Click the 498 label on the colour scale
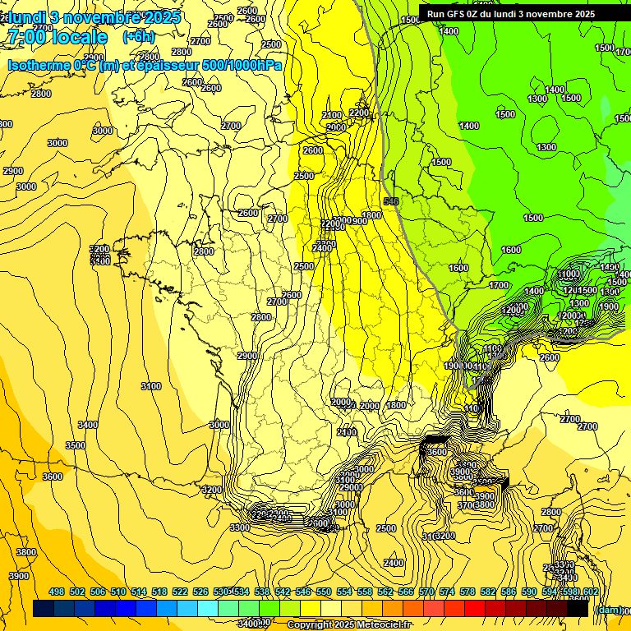(x=57, y=592)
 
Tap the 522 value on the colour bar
(x=180, y=592)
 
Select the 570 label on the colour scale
(x=426, y=592)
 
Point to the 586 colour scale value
(x=509, y=592)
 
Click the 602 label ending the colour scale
(x=590, y=592)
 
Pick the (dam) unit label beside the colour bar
(x=609, y=610)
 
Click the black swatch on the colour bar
(x=578, y=608)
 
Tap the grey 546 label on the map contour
(x=391, y=201)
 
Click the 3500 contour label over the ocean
(x=76, y=445)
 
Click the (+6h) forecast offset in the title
(x=138, y=37)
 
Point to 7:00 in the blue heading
(x=25, y=37)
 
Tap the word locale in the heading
(x=78, y=37)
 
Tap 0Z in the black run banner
(x=473, y=14)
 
